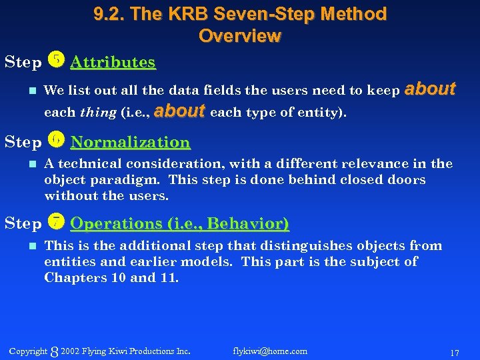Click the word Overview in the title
point(240,35)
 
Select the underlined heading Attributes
point(113,63)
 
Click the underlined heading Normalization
point(130,142)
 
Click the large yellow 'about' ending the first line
point(430,89)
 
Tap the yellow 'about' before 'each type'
point(179,111)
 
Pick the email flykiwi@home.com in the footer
point(270,351)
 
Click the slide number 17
point(454,351)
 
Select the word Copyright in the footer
point(28,351)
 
